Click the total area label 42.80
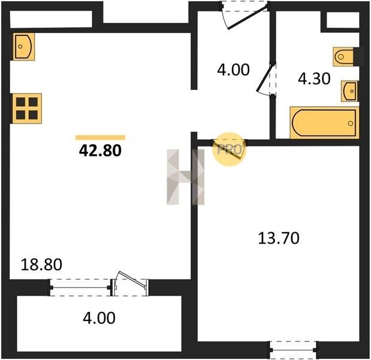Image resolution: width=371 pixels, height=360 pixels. tap(100, 151)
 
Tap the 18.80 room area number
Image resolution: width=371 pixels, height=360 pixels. tap(41, 265)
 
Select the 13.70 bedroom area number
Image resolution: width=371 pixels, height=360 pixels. tap(279, 238)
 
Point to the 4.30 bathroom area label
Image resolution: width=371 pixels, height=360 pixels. tap(314, 79)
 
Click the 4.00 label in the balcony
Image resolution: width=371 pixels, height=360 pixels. tap(99, 318)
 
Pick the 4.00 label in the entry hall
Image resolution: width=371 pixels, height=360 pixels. tap(233, 70)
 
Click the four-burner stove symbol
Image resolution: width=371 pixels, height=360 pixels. tap(27, 109)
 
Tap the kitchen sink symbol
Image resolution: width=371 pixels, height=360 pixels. tap(23, 47)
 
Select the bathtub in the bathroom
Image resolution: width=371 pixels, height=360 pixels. tap(324, 122)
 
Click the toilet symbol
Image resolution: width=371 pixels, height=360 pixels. tap(343, 57)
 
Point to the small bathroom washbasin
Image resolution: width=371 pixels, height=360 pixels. tap(349, 91)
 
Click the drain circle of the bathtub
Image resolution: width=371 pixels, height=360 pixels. tap(351, 124)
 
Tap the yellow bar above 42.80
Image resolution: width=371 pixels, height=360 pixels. tap(100, 137)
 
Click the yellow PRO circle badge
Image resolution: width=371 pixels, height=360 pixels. tap(230, 149)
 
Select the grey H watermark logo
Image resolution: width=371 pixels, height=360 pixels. tap(186, 177)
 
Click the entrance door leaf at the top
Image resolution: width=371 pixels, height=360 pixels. tap(248, 17)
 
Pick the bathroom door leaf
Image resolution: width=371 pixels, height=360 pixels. tap(264, 78)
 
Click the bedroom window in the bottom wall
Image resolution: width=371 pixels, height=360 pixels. tap(293, 350)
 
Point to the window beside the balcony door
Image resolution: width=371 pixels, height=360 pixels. tap(80, 287)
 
